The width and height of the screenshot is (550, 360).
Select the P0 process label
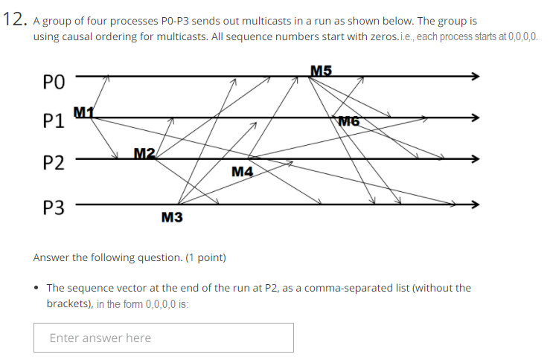54,80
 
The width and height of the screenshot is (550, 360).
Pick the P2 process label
54,163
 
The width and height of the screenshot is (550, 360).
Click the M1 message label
84,112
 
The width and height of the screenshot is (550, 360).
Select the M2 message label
144,153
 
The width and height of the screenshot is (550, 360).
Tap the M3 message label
172,217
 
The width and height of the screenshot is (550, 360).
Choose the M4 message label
243,173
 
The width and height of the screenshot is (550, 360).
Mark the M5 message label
321,71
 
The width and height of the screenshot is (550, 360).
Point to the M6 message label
349,121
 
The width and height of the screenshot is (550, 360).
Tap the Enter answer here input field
163,338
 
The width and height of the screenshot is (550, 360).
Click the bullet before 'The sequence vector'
37,288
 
